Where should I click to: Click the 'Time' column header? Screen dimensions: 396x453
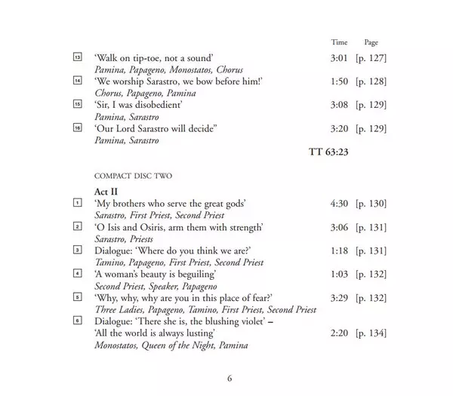[x=340, y=43]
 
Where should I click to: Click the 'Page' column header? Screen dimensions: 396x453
[x=371, y=43]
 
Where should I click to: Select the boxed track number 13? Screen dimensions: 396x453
[x=77, y=58]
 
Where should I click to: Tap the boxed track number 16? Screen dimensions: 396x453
[x=77, y=130]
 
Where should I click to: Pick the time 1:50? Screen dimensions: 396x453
[x=340, y=82]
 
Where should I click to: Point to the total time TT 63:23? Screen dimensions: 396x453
[x=328, y=152]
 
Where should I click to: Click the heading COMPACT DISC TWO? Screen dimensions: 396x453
[x=133, y=177]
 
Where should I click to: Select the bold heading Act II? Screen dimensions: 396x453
[x=107, y=192]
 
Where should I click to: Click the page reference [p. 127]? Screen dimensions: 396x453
[x=371, y=58]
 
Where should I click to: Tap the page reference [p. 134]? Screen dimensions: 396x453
[x=371, y=333]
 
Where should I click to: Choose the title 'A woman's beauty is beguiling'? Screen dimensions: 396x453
[x=155, y=274]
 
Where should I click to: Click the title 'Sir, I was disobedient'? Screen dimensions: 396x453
[x=138, y=106]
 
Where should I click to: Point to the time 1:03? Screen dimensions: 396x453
[x=340, y=274]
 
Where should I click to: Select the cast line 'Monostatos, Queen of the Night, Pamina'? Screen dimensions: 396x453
[x=171, y=345]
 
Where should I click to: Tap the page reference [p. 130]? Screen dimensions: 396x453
[x=371, y=204]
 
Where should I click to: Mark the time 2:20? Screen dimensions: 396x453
[x=340, y=333]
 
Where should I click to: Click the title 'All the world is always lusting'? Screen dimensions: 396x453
[x=156, y=333]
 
